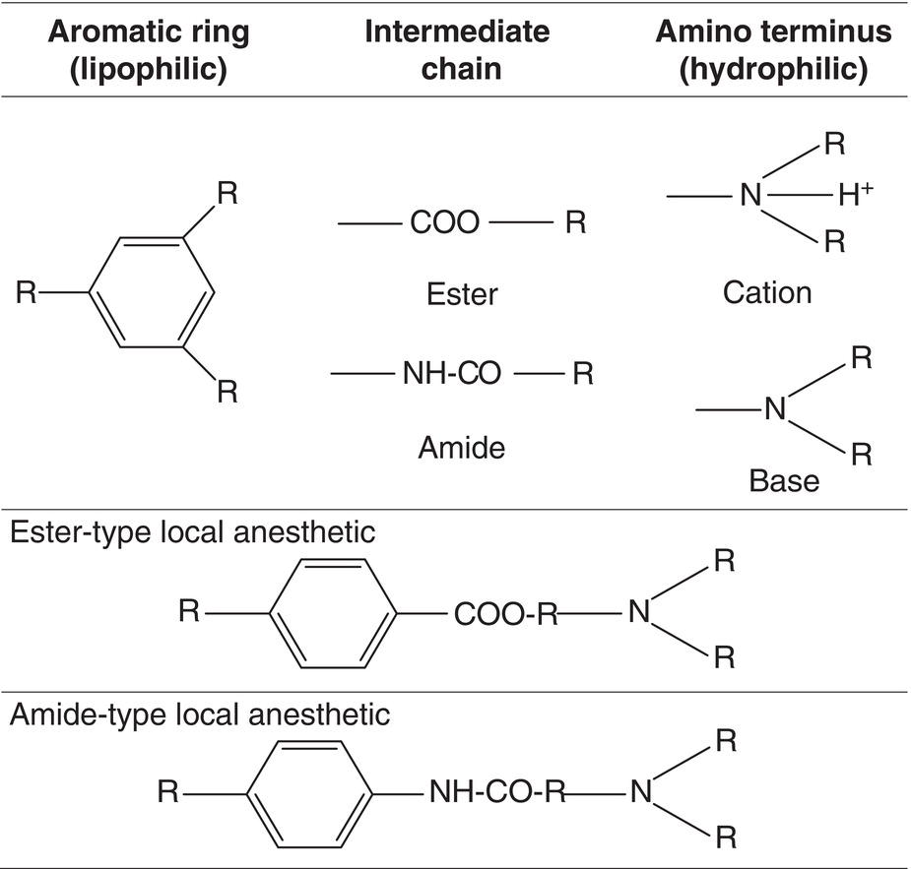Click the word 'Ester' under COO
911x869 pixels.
click(462, 293)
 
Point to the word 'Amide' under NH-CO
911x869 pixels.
click(462, 448)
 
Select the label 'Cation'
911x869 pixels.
click(766, 292)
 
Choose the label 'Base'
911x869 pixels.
click(784, 480)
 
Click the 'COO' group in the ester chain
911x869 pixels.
click(444, 224)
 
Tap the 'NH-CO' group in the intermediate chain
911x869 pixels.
click(452, 375)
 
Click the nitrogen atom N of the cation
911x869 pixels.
click(751, 197)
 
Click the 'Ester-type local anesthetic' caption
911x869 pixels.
click(192, 532)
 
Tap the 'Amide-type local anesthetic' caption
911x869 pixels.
click(200, 714)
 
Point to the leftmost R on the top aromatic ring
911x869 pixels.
click(27, 292)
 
